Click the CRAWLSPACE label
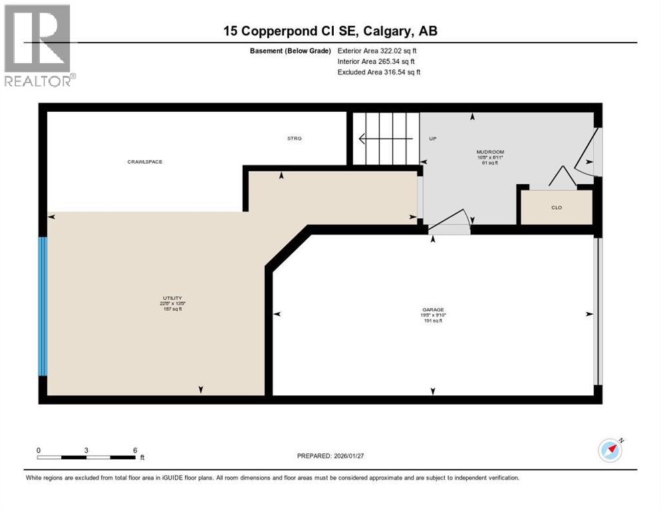144,162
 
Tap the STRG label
294,138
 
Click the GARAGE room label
432,309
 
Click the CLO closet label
557,208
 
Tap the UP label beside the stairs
432,139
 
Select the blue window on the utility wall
43,306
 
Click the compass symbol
610,450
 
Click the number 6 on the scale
135,450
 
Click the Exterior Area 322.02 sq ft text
377,51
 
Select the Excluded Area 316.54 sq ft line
378,72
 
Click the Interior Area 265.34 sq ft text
377,61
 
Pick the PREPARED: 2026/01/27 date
330,456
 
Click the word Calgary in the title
385,31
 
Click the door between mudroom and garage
450,224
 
